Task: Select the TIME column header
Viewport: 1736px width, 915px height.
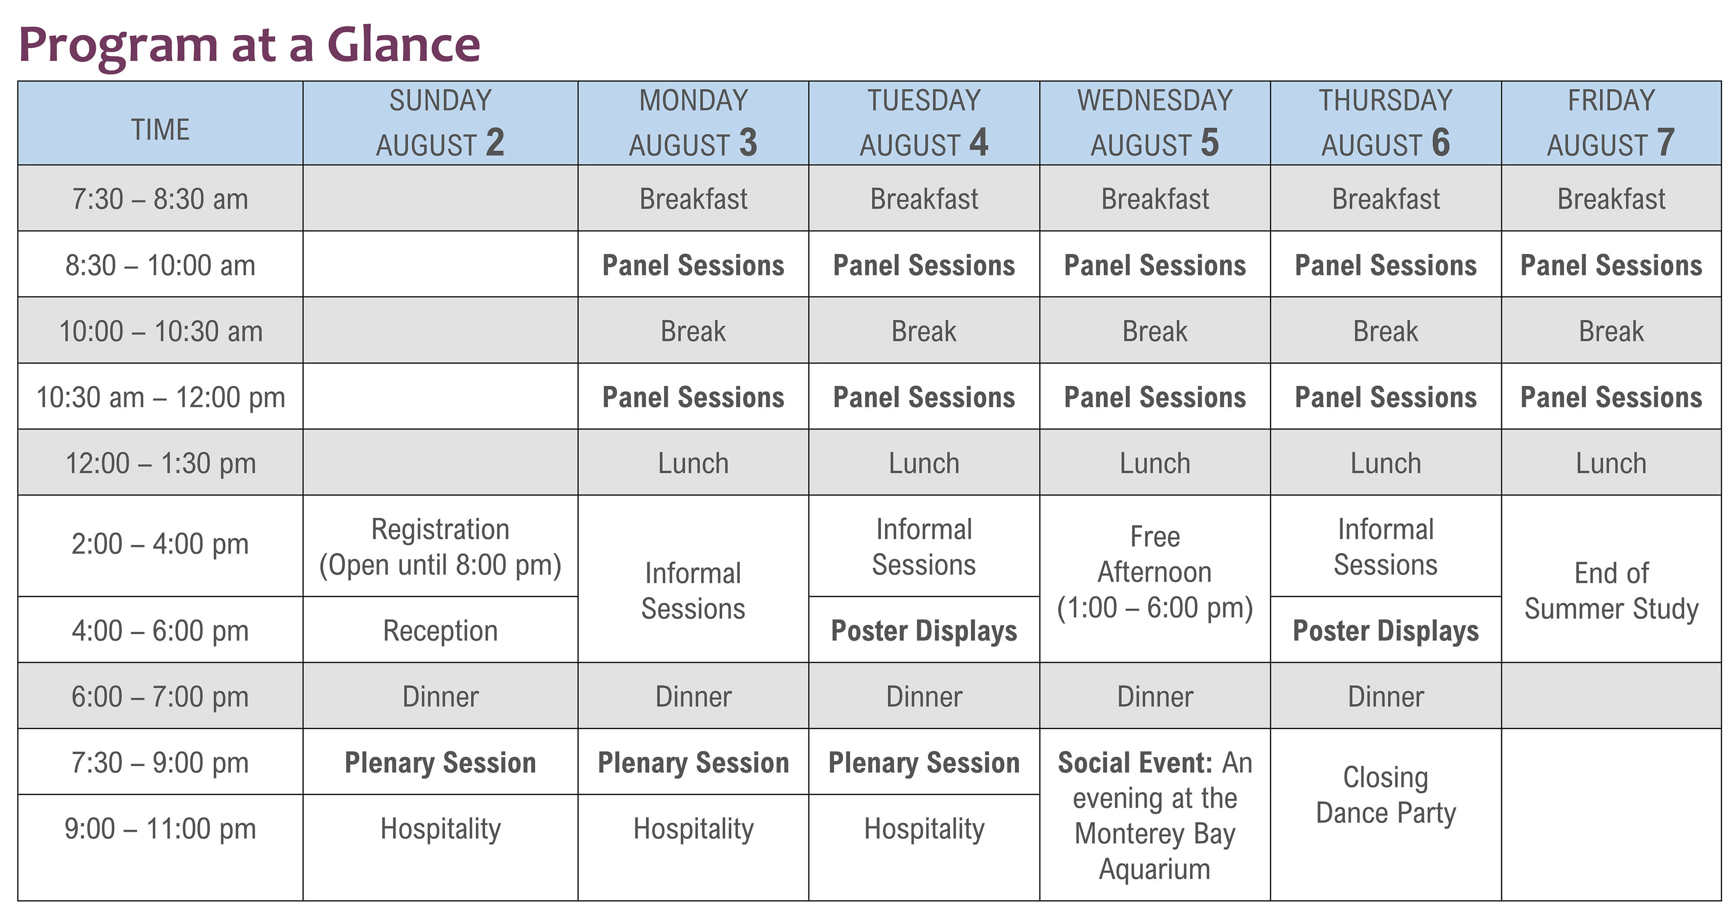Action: point(161,129)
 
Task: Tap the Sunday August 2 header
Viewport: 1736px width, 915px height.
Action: point(440,123)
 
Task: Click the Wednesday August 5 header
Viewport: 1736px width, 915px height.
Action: point(1154,123)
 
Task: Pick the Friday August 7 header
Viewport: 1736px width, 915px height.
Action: point(1611,123)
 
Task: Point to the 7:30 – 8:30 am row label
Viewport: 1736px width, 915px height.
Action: point(161,199)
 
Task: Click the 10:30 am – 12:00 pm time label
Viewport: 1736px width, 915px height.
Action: point(161,397)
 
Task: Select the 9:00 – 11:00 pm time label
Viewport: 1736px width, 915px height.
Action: point(161,829)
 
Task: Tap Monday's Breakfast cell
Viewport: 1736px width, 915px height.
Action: point(693,199)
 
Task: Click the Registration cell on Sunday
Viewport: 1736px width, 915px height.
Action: point(440,546)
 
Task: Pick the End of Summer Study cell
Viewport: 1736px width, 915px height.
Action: point(1611,590)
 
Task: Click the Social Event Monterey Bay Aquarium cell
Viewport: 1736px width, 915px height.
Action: point(1154,815)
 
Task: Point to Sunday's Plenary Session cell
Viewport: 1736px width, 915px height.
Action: point(440,763)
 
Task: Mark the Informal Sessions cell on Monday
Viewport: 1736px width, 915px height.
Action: point(693,590)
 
